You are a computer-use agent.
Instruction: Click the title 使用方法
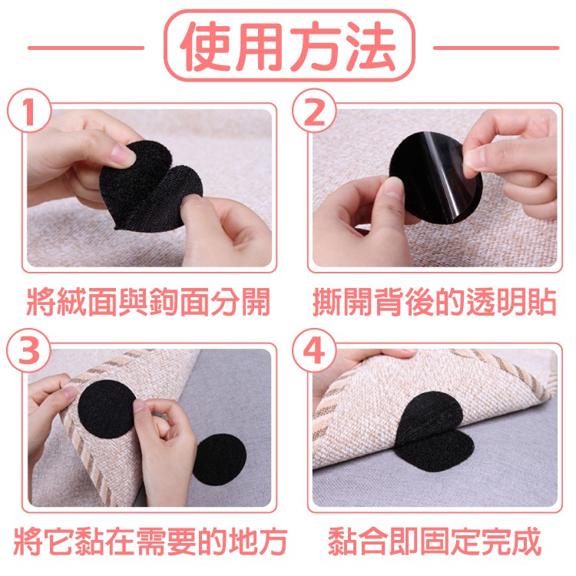point(288,46)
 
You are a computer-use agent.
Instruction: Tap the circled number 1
point(29,110)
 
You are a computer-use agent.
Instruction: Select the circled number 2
point(314,110)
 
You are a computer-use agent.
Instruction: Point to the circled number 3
point(29,350)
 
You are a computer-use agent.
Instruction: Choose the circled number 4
point(314,350)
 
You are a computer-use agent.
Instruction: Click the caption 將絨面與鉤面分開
point(148,302)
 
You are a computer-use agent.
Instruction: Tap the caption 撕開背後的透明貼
point(434,302)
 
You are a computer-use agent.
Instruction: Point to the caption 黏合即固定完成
point(435,541)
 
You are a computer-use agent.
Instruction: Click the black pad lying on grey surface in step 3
point(220,459)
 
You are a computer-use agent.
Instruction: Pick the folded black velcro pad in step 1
point(151,187)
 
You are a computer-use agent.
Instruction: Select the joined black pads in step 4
point(433,432)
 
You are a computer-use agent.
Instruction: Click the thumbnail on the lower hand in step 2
point(393,186)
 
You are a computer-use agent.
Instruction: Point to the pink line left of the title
point(85,48)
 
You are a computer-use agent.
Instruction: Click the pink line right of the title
point(496,48)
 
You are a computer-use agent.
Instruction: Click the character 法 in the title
point(371,46)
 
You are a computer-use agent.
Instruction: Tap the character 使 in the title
point(206,46)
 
